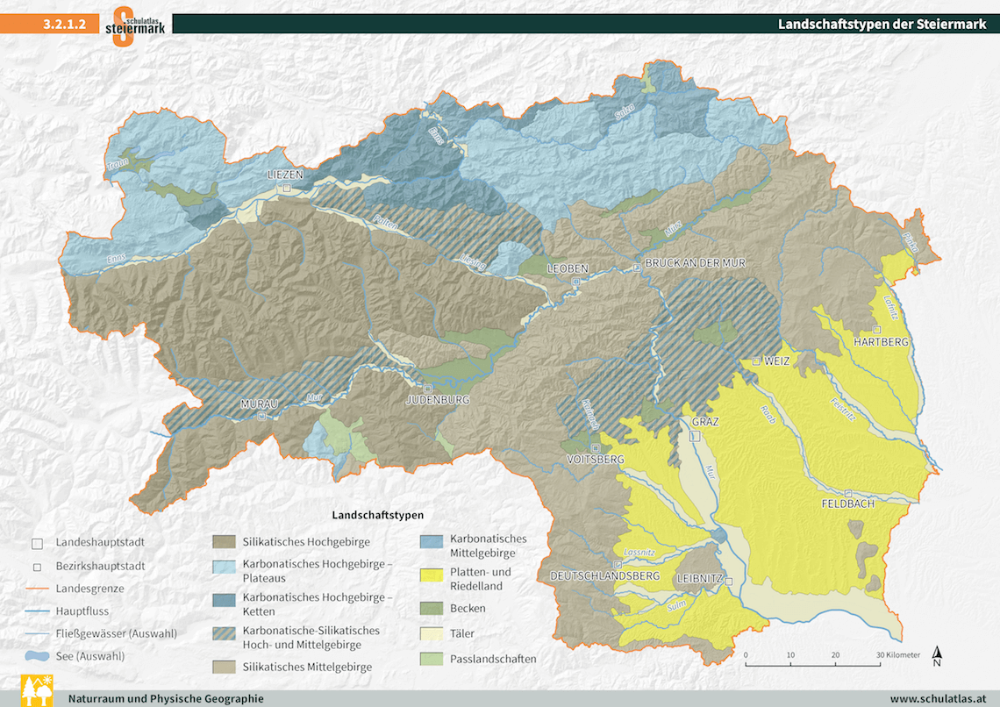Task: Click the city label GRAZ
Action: tap(704, 422)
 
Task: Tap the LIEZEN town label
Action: tap(285, 175)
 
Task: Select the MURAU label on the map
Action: tap(259, 403)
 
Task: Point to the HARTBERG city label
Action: tap(882, 341)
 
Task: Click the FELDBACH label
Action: tap(848, 504)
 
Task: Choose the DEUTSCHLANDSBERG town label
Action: tap(604, 575)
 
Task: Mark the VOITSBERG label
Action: tap(596, 460)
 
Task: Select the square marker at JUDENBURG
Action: tap(427, 388)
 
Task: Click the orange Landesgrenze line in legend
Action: tap(36, 589)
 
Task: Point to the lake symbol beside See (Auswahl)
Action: tap(36, 655)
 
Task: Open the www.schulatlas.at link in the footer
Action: tap(939, 699)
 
